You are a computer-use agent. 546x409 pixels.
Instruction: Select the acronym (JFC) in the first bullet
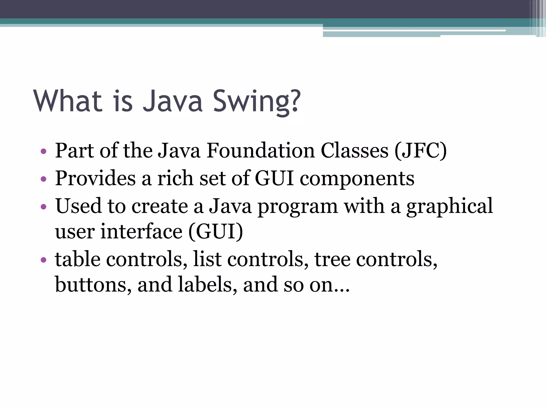tap(420, 150)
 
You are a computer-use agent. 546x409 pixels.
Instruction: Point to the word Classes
tap(354, 150)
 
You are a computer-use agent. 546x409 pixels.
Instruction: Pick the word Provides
tap(95, 178)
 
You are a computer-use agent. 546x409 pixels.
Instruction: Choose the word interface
tap(141, 231)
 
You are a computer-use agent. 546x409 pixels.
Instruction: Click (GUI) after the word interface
tap(216, 231)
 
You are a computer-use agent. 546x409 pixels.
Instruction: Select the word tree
tap(332, 259)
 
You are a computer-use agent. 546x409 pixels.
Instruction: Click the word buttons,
tap(93, 284)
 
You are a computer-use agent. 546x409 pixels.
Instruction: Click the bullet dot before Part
tap(43, 152)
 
